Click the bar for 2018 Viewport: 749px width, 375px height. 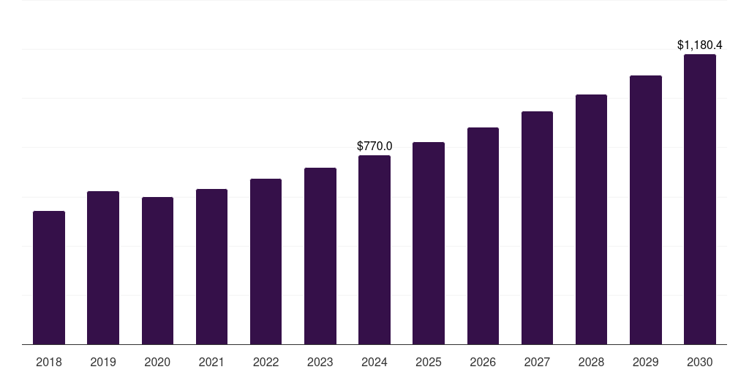pyautogui.click(x=49, y=278)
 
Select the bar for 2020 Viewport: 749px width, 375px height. pyautogui.click(x=157, y=271)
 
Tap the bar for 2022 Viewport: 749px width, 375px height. pyautogui.click(x=266, y=261)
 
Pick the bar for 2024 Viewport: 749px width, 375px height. pyautogui.click(x=374, y=250)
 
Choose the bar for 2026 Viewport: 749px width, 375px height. pyautogui.click(x=483, y=236)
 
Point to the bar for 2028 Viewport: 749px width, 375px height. pyautogui.click(x=591, y=220)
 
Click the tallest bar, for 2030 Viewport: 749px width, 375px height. pyautogui.click(x=700, y=199)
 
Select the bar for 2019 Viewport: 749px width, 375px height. pyautogui.click(x=103, y=267)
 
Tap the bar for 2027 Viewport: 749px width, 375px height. pyautogui.click(x=537, y=228)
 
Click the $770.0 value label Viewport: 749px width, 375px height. pyautogui.click(x=374, y=146)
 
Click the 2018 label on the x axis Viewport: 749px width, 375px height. pyautogui.click(x=49, y=362)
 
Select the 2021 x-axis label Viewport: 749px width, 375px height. pyautogui.click(x=211, y=362)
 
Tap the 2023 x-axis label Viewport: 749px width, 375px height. pyautogui.click(x=320, y=362)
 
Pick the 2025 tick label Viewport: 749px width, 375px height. pyautogui.click(x=429, y=362)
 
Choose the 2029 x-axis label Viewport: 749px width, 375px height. pyautogui.click(x=645, y=362)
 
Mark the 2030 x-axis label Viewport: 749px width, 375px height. pyautogui.click(x=700, y=362)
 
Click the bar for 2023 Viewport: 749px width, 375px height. pyautogui.click(x=320, y=256)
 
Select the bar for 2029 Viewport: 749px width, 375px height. pyautogui.click(x=645, y=210)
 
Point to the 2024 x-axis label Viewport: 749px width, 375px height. pyautogui.click(x=374, y=362)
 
